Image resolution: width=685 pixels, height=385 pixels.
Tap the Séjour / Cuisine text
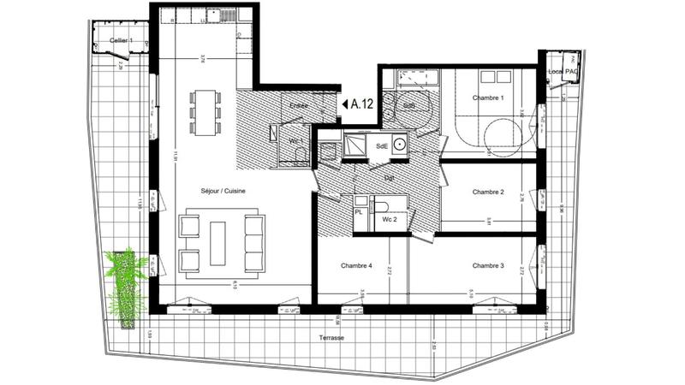click(223, 191)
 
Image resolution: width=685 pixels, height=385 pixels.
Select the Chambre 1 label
click(488, 98)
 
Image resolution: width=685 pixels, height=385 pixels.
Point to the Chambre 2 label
click(488, 192)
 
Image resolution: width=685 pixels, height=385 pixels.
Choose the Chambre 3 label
click(488, 266)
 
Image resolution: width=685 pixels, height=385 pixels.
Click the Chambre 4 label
click(356, 266)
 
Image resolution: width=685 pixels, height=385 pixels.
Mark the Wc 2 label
click(389, 220)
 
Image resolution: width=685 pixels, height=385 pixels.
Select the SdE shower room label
click(383, 146)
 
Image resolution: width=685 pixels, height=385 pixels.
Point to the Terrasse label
click(330, 338)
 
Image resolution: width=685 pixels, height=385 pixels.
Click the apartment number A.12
click(364, 104)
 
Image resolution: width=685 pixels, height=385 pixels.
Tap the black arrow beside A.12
click(344, 104)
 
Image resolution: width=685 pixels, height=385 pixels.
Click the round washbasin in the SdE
click(399, 145)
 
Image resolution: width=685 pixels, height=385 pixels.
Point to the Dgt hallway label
click(388, 178)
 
